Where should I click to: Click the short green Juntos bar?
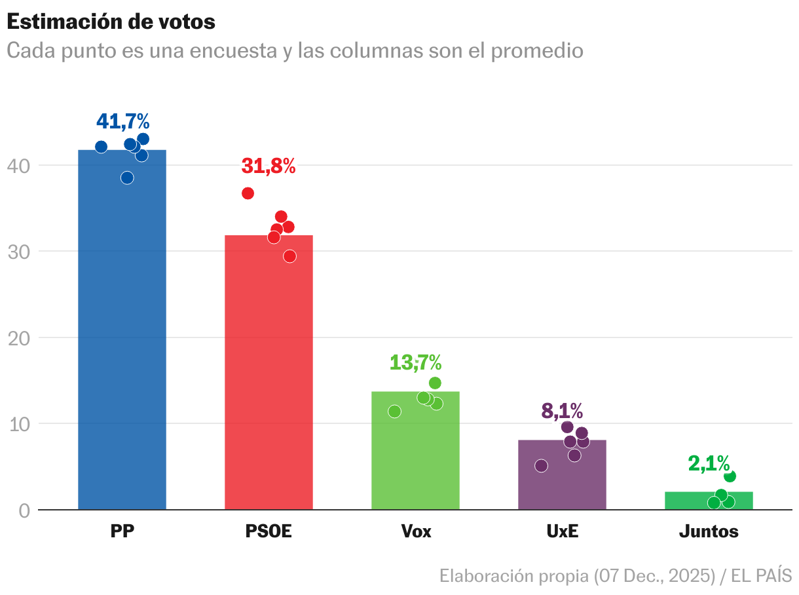(x=709, y=501)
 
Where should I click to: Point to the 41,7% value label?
(x=123, y=121)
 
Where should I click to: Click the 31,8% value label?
(x=269, y=166)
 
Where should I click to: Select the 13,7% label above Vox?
(x=415, y=362)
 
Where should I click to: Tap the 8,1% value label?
(x=562, y=411)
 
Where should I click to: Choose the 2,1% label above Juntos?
(x=709, y=463)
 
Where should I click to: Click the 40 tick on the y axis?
(x=19, y=166)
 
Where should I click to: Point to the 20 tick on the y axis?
(x=19, y=338)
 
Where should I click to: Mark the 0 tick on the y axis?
(x=24, y=510)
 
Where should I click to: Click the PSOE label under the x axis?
(x=269, y=531)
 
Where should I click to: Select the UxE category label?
(x=562, y=531)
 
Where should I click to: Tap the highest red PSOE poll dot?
(x=248, y=193)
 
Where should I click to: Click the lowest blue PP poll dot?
(x=127, y=178)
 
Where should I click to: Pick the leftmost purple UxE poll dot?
(x=541, y=466)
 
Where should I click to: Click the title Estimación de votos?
(x=111, y=22)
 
